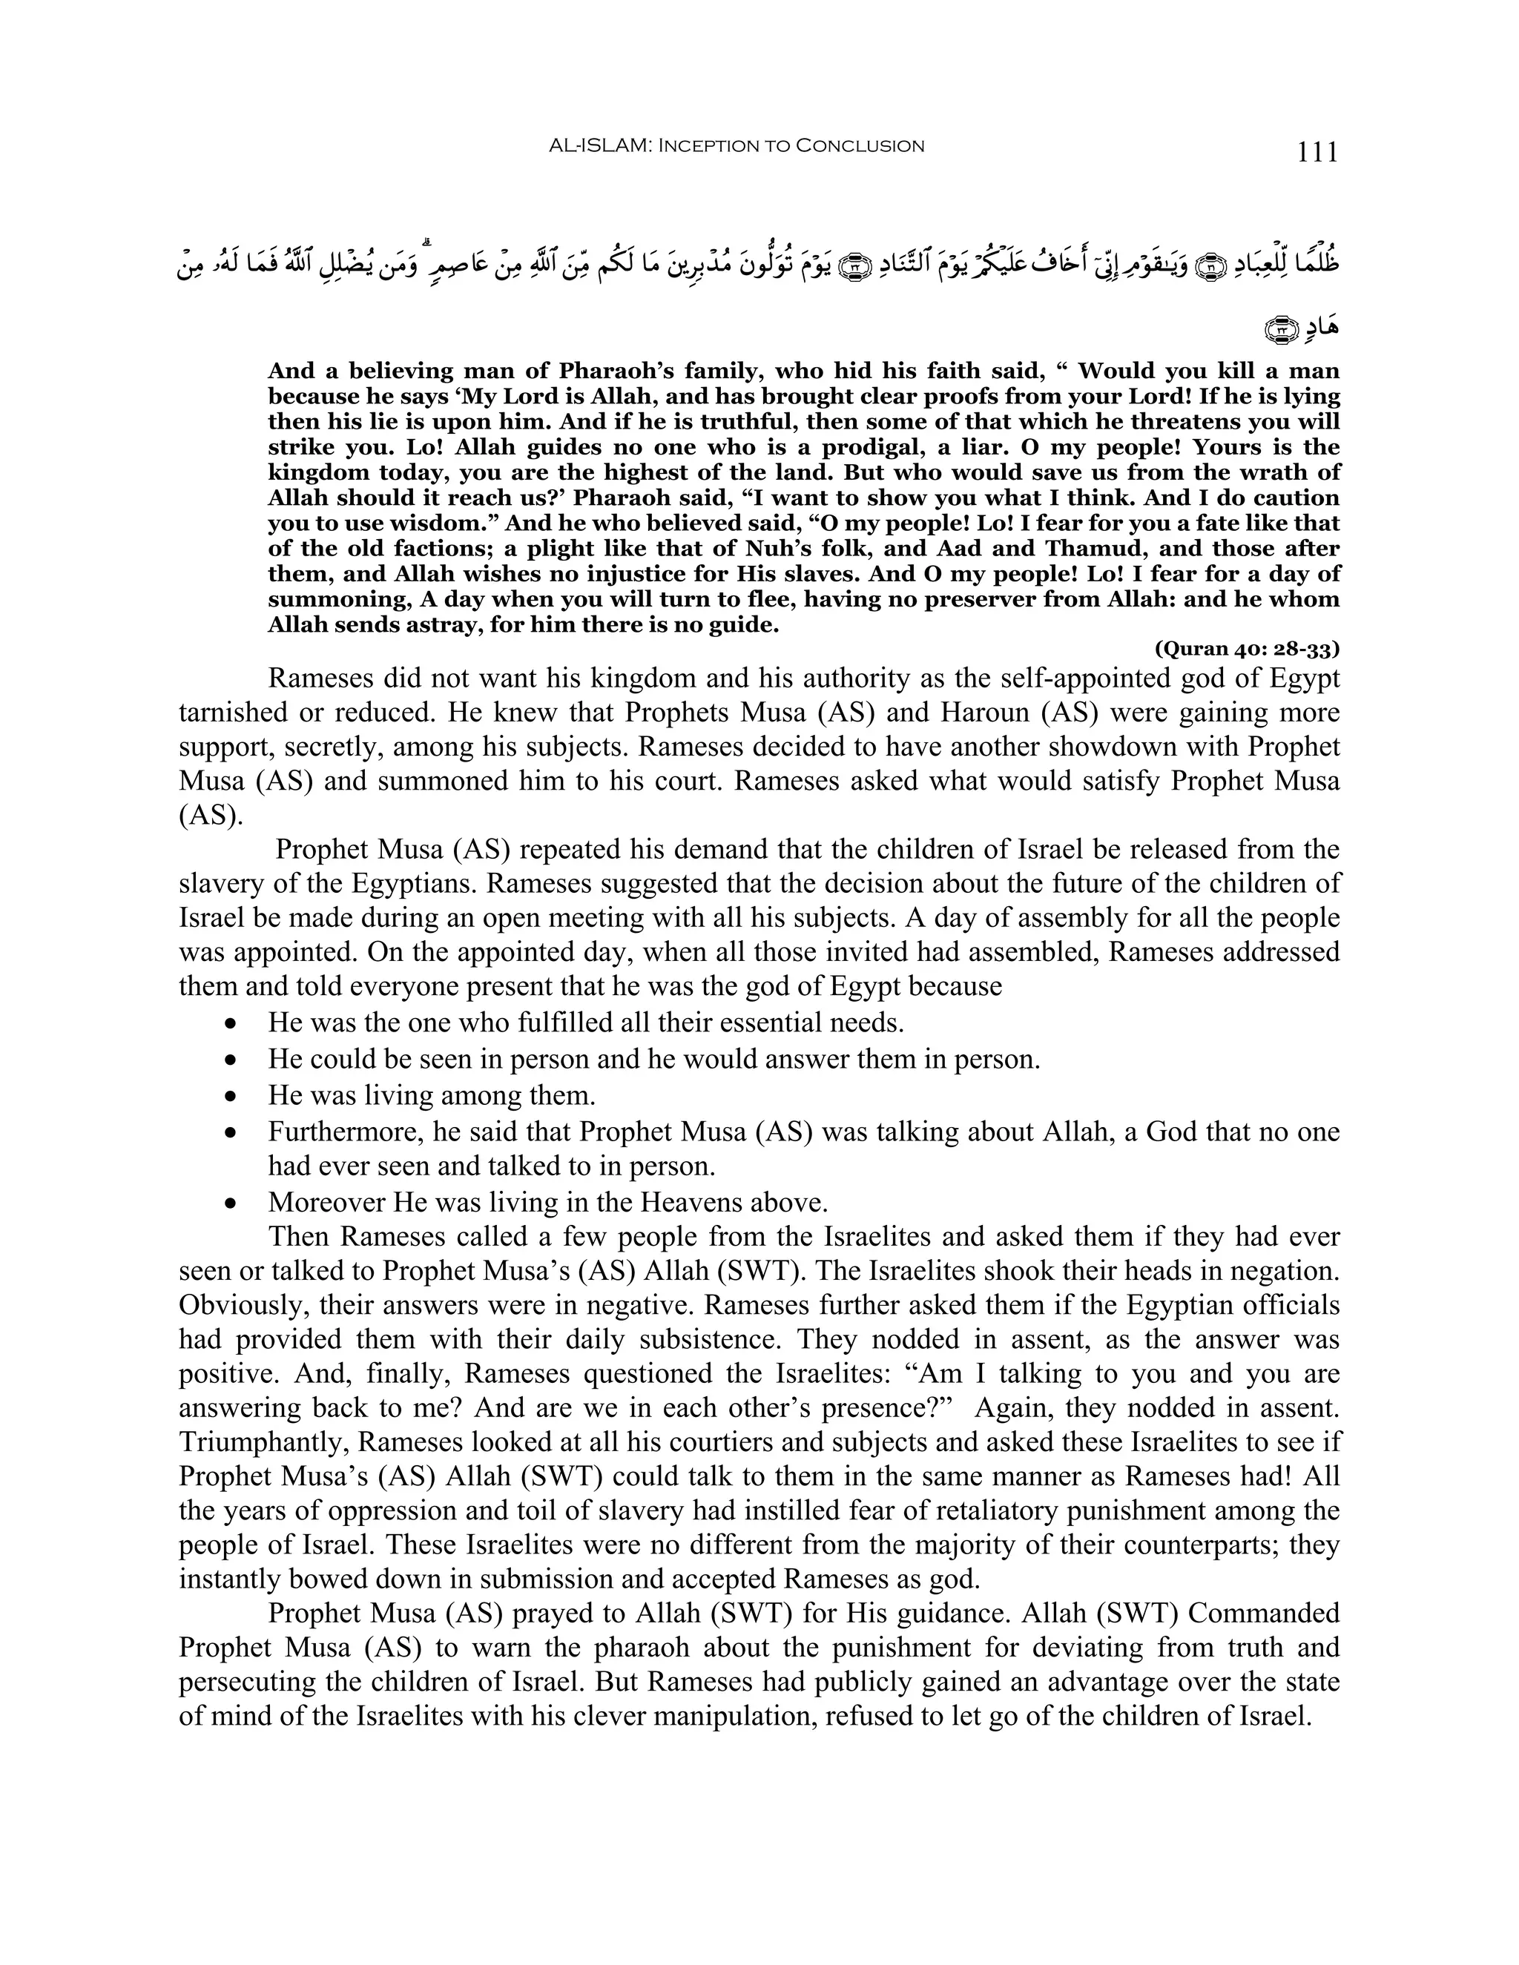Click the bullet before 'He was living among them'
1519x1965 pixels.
(x=232, y=1097)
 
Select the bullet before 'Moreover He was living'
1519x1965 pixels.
(x=232, y=1203)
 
